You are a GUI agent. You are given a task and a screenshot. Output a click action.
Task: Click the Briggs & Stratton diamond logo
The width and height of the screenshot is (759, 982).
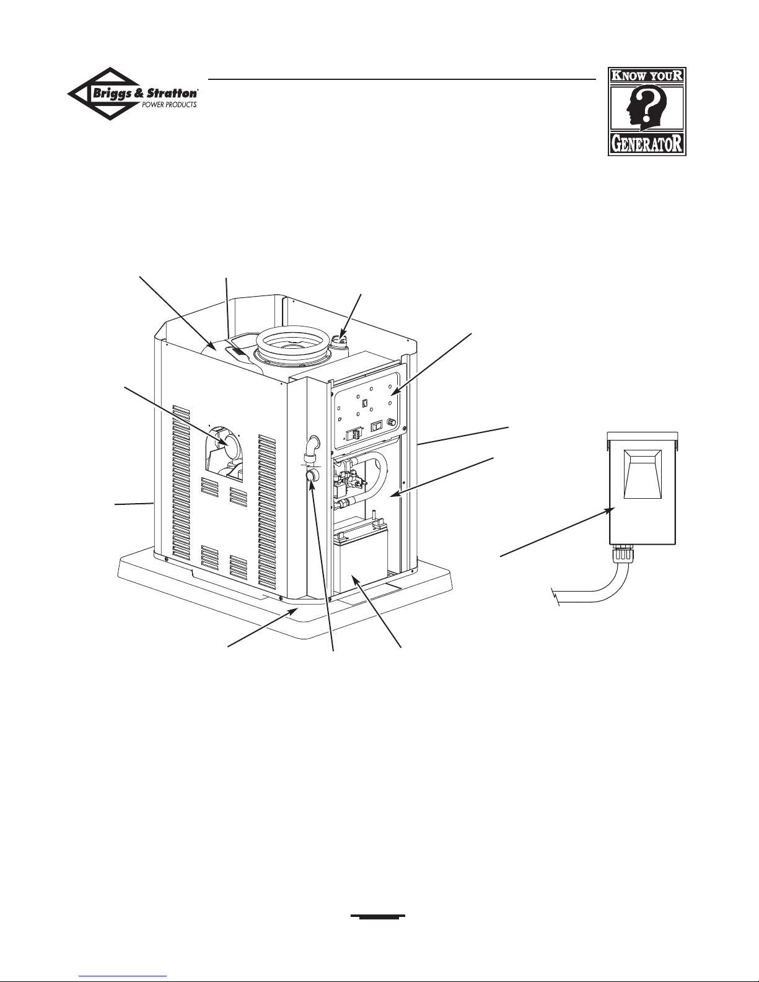[x=133, y=94]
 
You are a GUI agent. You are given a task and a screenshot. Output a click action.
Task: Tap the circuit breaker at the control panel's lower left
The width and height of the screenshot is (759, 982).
[x=353, y=434]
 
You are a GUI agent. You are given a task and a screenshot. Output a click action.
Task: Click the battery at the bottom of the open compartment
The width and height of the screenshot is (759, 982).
[x=361, y=556]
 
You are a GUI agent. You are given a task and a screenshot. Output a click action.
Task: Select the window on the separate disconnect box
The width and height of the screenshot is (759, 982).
[x=643, y=475]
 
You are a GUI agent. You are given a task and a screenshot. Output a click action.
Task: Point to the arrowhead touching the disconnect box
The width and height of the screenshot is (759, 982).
[x=610, y=511]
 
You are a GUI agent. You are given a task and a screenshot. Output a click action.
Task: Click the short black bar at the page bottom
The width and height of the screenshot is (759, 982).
[x=378, y=916]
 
